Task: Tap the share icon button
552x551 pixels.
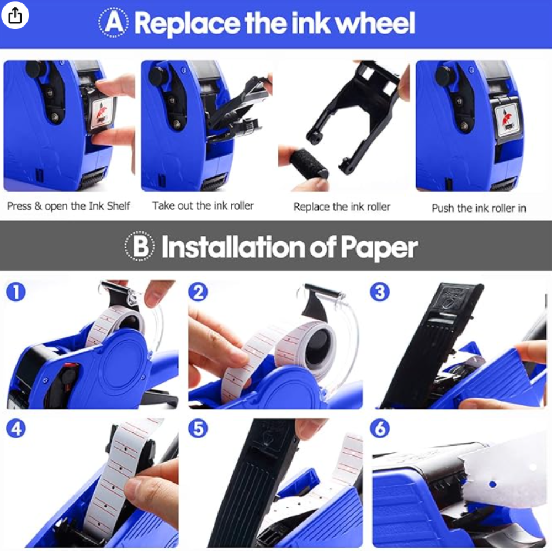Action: point(15,15)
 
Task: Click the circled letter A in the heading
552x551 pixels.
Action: point(113,23)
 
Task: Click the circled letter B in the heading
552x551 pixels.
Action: point(140,246)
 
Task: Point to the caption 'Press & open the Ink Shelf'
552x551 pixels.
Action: point(68,205)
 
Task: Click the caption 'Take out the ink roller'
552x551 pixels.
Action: point(203,205)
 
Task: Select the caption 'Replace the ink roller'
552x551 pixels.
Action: point(342,206)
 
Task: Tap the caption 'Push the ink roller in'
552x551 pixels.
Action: point(479,208)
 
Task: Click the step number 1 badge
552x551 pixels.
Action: point(16,292)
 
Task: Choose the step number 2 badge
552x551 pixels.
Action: point(198,292)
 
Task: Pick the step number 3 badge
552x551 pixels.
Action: point(380,292)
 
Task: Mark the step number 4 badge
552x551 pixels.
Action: point(16,428)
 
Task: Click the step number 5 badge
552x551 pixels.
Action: point(198,428)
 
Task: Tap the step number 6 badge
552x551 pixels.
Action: point(380,428)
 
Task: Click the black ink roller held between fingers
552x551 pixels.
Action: point(309,164)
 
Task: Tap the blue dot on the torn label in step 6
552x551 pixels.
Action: point(492,484)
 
